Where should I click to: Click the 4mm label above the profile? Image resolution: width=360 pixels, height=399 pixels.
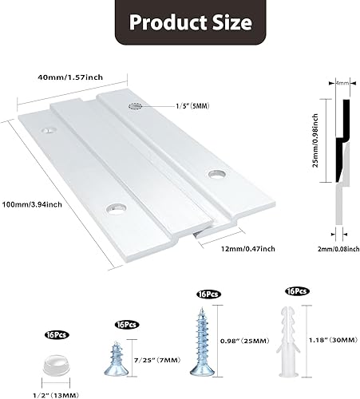coord(341,81)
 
